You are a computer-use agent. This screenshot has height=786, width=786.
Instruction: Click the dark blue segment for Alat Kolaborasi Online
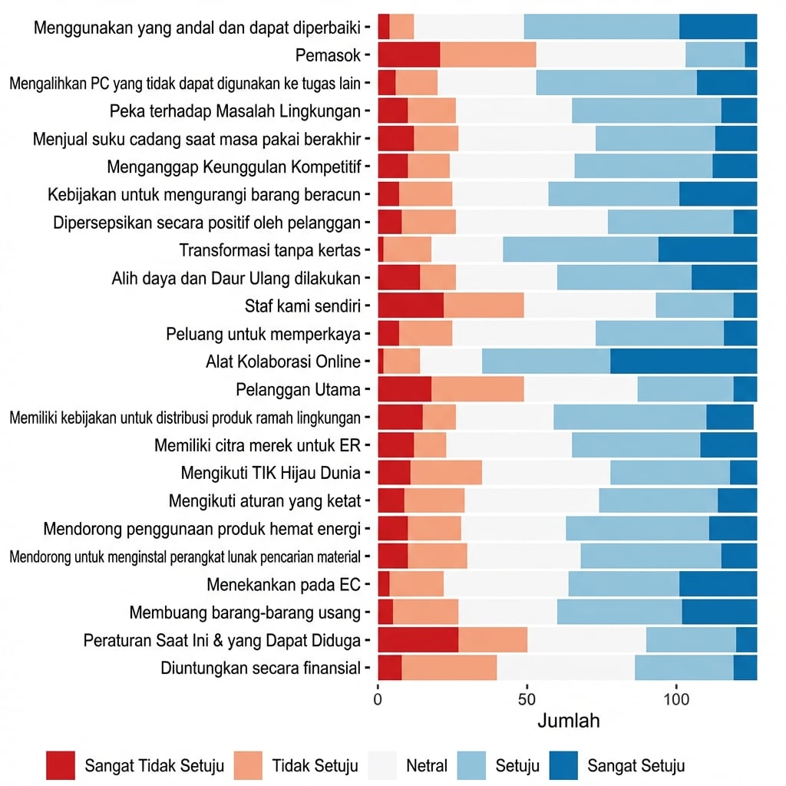click(683, 361)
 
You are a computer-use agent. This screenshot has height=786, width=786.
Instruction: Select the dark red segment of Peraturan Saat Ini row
click(418, 639)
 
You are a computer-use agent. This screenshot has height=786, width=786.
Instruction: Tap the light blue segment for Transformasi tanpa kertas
click(580, 249)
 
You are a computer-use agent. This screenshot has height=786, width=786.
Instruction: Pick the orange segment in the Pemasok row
click(488, 55)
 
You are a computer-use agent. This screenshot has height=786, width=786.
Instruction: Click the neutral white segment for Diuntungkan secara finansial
click(565, 668)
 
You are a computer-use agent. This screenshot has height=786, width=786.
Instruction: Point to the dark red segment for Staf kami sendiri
click(411, 305)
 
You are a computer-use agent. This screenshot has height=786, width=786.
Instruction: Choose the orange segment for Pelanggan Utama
click(477, 389)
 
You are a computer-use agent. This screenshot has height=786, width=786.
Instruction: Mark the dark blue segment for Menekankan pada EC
click(718, 585)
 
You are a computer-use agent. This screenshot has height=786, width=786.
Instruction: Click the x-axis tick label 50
click(527, 700)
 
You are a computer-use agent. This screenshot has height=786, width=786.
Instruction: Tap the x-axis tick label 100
click(675, 700)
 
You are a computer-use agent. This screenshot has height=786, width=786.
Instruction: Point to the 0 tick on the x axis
click(378, 700)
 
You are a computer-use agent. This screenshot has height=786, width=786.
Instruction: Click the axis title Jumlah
click(568, 721)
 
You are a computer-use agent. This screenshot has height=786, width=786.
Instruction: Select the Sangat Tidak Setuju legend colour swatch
click(61, 765)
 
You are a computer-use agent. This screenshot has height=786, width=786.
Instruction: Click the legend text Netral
click(427, 765)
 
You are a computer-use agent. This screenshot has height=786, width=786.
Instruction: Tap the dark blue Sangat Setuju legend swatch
click(563, 765)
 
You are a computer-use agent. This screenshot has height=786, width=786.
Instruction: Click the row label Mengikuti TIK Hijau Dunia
click(270, 472)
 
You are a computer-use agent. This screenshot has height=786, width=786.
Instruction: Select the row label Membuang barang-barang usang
click(245, 613)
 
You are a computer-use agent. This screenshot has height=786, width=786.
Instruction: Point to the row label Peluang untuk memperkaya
click(263, 334)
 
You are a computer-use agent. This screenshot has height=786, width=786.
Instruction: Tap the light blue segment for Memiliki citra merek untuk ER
click(636, 444)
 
